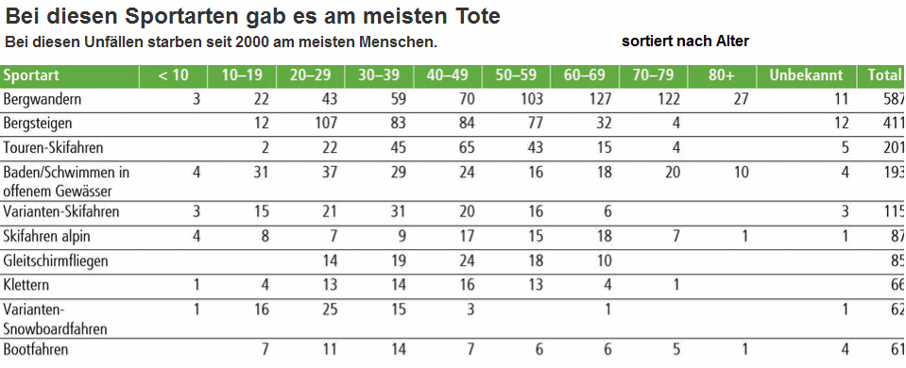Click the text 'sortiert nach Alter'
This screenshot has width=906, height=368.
click(x=685, y=42)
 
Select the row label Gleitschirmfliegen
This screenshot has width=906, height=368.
click(x=55, y=260)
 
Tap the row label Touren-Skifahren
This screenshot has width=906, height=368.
click(x=54, y=147)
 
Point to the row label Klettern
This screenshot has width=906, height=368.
click(x=26, y=284)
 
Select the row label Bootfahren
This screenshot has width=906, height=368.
click(x=36, y=350)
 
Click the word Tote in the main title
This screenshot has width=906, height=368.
click(x=469, y=16)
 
